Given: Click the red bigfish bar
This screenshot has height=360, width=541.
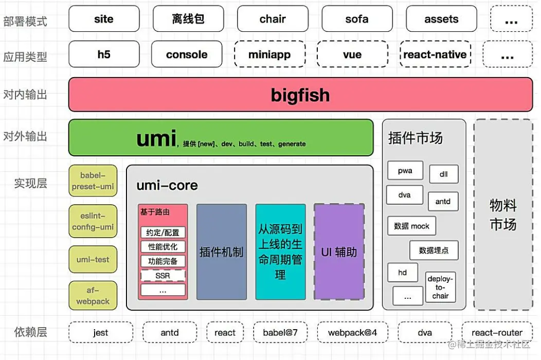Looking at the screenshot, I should coord(300,95).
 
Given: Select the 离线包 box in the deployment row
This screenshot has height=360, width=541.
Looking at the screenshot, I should coord(188,19).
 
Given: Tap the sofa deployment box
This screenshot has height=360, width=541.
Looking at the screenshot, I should coord(357,19).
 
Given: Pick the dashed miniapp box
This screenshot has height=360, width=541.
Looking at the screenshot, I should coord(269,55).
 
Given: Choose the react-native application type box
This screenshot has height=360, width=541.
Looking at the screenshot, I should coord(435,55).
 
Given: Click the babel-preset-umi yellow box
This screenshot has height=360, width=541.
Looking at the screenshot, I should coord(93,181).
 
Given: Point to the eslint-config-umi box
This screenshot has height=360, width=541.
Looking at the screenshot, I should coord(93,222).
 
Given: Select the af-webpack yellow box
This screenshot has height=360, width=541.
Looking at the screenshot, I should coord(93,296).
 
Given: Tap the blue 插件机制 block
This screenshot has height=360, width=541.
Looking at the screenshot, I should coord(221,252).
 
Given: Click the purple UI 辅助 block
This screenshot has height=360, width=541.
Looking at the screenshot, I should coord(339,252).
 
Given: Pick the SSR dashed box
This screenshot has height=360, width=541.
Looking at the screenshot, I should coord(163,276).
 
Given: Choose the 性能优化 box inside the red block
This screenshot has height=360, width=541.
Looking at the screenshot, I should coord(163,247).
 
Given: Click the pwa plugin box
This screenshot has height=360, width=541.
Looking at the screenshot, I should coord(405,171).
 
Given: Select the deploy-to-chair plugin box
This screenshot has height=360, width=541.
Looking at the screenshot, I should coord(440,287).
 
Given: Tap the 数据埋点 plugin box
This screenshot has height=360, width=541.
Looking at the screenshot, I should coord(434,250).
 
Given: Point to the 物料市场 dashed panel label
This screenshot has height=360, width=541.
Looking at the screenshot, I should coord(503,215).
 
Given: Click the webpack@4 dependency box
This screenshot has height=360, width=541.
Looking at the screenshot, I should coord(352,333).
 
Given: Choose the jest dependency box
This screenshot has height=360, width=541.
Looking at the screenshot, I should coord(101,333).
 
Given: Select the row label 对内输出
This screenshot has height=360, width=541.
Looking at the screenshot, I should coord(25,95).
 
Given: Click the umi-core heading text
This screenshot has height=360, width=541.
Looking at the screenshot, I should coord(167,186).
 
